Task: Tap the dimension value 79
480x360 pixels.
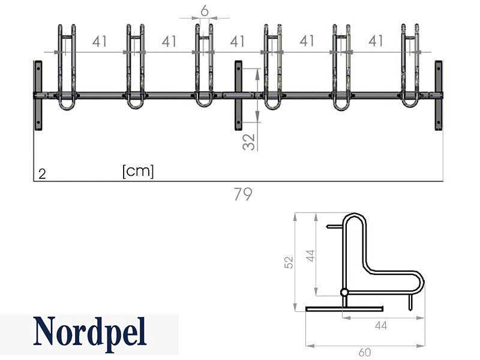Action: [x=243, y=194]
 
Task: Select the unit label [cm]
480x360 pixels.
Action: [x=138, y=171]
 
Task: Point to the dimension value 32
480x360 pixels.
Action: [x=248, y=142]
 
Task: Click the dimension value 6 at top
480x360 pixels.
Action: [x=205, y=11]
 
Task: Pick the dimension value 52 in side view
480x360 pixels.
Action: [x=289, y=262]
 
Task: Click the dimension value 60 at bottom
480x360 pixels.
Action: [x=364, y=353]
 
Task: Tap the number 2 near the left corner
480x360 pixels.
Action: [x=42, y=174]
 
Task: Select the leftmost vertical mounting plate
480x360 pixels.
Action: [x=38, y=96]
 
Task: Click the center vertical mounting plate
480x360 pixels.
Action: [x=238, y=95]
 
